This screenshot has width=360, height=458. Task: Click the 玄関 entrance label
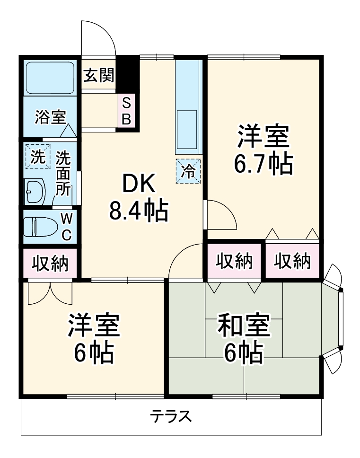click(99, 76)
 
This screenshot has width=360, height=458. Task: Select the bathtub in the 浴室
click(50, 78)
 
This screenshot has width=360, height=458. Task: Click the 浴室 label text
click(50, 117)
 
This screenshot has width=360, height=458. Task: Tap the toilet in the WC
click(40, 227)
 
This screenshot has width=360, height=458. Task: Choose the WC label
click(67, 227)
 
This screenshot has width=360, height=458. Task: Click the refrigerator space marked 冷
click(188, 171)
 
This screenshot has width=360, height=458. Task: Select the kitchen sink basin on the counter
click(187, 129)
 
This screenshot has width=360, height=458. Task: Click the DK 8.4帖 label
click(139, 197)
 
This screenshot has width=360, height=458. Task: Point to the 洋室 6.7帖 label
click(263, 150)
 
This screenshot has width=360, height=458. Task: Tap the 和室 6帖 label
click(244, 338)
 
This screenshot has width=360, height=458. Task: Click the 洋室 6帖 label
click(94, 338)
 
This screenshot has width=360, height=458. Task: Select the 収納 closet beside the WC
click(50, 263)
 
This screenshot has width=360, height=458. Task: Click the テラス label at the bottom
click(171, 416)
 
